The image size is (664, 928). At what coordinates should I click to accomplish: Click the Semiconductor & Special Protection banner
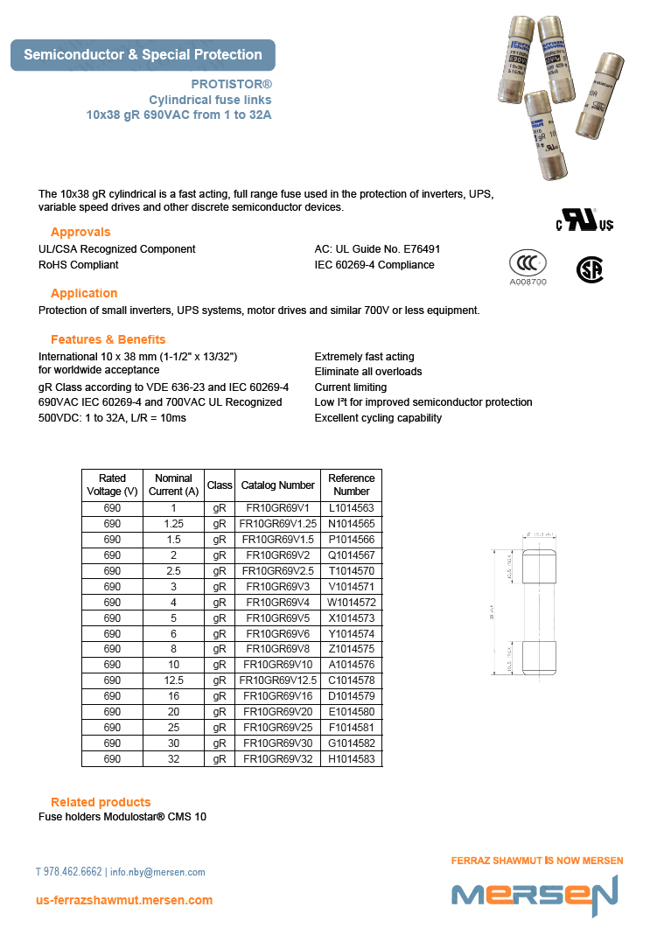tap(143, 55)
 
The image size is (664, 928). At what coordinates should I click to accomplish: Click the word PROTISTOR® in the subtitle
tap(231, 85)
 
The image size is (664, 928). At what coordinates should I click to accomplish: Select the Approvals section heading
tap(80, 232)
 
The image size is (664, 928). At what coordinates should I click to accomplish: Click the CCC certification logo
tap(528, 264)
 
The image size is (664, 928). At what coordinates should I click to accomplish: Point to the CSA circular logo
tap(590, 269)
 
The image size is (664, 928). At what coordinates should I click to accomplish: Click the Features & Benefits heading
tap(108, 339)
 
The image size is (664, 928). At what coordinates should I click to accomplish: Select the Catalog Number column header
tap(277, 485)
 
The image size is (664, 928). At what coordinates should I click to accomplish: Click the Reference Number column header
tap(352, 485)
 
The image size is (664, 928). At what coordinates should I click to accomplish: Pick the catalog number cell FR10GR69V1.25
tap(277, 524)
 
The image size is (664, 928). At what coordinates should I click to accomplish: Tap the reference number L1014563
tap(352, 508)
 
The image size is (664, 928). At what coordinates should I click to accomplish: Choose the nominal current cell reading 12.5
tap(173, 680)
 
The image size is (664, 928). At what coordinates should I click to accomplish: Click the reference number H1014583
tap(352, 759)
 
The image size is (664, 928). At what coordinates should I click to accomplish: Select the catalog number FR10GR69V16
tap(277, 696)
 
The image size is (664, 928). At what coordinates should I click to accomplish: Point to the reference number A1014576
tap(352, 665)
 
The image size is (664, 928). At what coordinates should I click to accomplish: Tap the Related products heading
tap(101, 802)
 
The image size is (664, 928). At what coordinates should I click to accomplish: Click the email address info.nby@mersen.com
tap(157, 872)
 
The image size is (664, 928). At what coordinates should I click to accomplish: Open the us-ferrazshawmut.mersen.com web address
tap(124, 900)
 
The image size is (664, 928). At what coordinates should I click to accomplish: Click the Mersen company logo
tap(535, 894)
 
